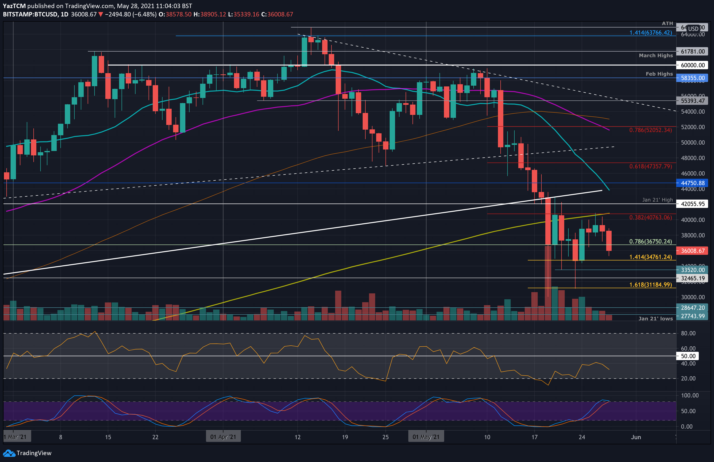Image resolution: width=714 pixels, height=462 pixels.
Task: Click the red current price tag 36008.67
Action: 692,251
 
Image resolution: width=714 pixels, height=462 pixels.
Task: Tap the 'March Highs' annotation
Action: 656,55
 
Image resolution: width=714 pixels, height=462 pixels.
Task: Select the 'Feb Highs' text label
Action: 659,74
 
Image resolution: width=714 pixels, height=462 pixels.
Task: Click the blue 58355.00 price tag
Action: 692,78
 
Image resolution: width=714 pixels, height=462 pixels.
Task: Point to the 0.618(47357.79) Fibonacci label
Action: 650,166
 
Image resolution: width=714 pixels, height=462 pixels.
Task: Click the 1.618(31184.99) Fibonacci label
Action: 650,285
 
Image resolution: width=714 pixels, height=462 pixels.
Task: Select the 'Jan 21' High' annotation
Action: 657,200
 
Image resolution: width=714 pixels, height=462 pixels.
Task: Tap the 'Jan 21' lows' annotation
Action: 656,319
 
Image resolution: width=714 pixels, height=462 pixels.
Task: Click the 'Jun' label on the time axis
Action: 636,437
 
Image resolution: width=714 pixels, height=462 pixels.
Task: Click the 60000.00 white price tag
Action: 692,65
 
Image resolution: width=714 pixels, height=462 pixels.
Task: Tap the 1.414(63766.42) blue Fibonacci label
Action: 650,32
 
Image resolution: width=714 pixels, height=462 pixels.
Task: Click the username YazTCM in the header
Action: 14,6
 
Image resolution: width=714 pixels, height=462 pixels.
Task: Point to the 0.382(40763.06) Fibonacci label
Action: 650,217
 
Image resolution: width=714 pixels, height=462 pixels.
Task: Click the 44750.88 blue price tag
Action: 692,183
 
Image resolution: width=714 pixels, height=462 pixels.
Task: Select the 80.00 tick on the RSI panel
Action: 688,333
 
